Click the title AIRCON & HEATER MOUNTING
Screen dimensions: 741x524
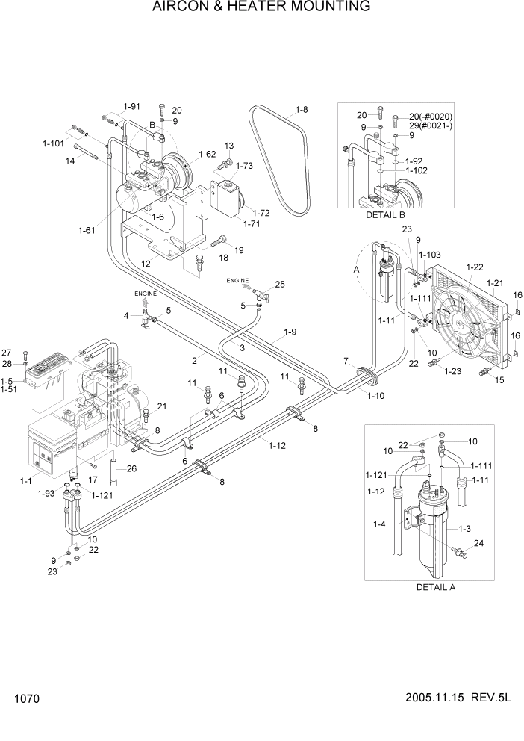261,7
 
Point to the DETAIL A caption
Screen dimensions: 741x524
435,587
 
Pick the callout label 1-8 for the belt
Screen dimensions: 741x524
302,110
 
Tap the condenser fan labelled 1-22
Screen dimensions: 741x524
462,320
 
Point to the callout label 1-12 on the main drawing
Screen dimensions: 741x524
278,446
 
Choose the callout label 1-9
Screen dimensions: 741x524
290,332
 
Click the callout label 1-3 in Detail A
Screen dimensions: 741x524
464,529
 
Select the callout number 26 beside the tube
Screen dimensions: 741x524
132,469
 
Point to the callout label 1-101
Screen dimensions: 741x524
53,143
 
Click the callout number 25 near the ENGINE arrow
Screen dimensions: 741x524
280,285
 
